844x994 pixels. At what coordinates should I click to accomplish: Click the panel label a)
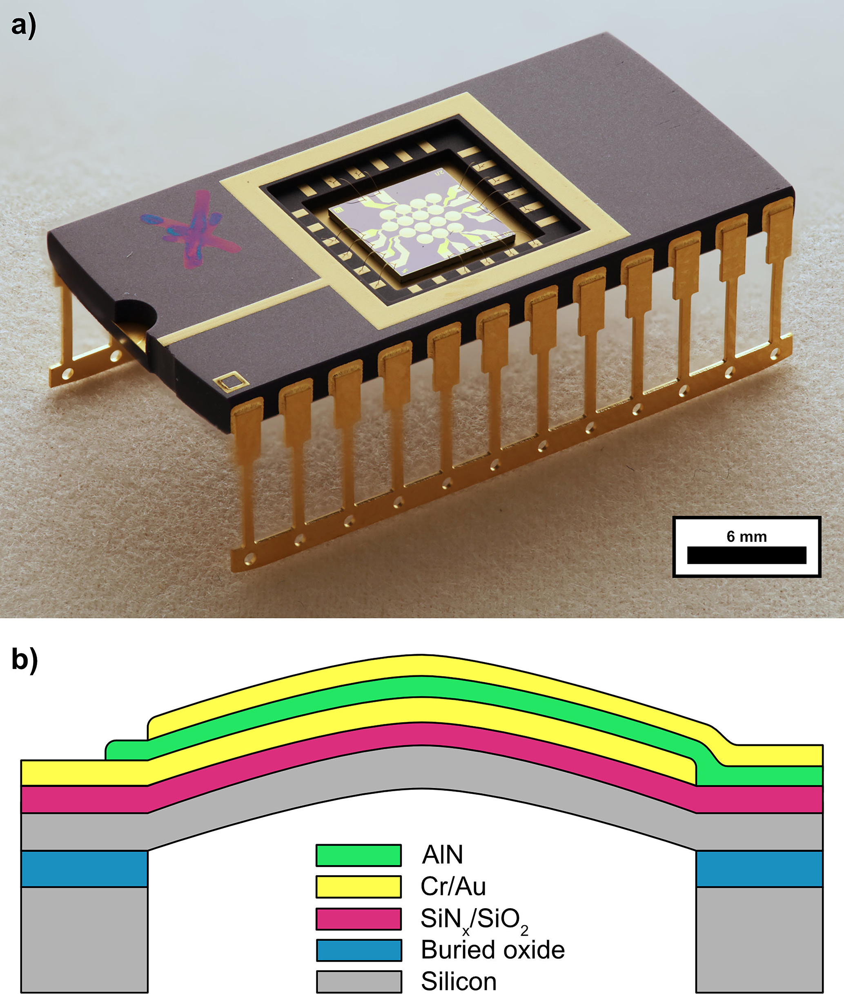click(x=22, y=25)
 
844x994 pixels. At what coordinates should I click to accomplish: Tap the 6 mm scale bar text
click(x=746, y=537)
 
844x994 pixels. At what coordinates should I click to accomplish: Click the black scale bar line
click(x=746, y=555)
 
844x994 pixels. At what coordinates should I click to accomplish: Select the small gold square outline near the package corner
click(x=231, y=382)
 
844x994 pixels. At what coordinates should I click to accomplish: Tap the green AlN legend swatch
click(x=359, y=854)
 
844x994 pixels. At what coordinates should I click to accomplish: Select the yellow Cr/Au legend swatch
click(x=359, y=886)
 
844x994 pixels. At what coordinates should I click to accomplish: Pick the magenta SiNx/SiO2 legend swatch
click(x=359, y=918)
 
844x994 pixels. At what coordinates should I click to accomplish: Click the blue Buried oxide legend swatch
click(x=359, y=950)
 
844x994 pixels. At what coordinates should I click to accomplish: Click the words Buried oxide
click(x=492, y=950)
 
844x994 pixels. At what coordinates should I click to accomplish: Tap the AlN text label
click(x=442, y=855)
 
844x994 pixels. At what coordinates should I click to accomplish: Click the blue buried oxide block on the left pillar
click(x=84, y=869)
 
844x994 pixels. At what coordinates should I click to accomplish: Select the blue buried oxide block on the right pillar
click(x=759, y=869)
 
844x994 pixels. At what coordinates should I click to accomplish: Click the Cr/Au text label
click(x=452, y=886)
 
